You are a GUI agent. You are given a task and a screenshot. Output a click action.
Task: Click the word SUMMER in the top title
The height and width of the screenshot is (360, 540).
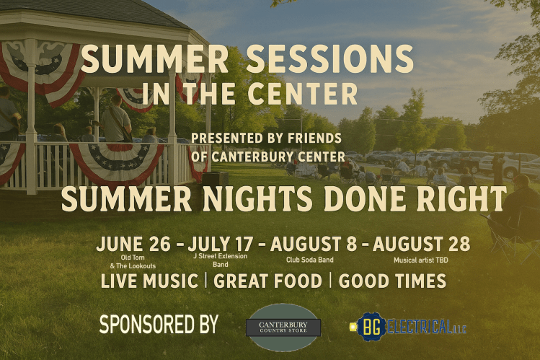[x=155, y=60]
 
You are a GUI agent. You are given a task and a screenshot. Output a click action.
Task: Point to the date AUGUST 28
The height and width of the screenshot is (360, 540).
[x=422, y=245]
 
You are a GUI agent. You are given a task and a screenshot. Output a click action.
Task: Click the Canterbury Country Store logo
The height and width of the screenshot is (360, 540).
[x=283, y=327]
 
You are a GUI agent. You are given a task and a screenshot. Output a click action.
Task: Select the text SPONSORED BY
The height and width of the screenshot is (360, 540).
[x=159, y=325]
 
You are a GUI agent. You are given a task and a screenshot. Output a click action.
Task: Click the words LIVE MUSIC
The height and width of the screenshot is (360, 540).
[x=149, y=281]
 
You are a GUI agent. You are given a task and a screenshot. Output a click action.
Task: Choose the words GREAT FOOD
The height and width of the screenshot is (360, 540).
[x=267, y=281]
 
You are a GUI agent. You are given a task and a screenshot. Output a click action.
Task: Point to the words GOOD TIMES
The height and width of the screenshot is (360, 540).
[x=392, y=281]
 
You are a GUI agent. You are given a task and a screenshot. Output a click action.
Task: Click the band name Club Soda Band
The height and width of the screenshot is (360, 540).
[x=310, y=260]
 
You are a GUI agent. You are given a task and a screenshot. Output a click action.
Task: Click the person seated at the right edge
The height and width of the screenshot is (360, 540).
[x=515, y=209]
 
